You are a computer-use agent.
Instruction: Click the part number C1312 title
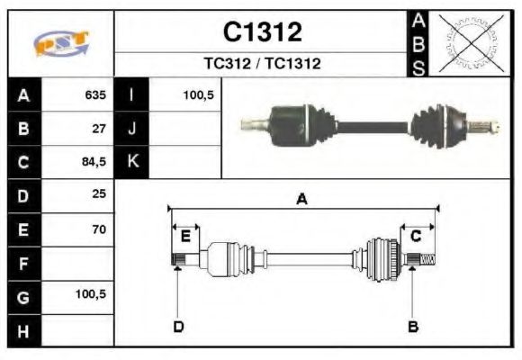(x=262, y=32)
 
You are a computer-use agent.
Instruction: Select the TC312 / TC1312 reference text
(x=262, y=64)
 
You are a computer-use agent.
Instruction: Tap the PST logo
(x=60, y=43)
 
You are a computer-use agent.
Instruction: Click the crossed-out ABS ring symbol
(x=468, y=42)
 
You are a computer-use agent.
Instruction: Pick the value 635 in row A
(x=94, y=94)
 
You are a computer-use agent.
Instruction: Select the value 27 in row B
(x=99, y=129)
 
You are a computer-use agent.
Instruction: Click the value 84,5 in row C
(x=94, y=163)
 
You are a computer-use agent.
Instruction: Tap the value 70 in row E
(x=99, y=229)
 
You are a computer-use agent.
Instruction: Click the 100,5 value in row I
(x=197, y=94)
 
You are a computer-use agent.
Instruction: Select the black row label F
(x=23, y=264)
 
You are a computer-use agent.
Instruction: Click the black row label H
(x=23, y=330)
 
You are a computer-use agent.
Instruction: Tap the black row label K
(x=132, y=163)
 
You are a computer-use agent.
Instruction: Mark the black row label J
(x=132, y=129)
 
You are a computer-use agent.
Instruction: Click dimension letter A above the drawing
(x=302, y=199)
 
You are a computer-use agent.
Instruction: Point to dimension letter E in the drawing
(x=185, y=236)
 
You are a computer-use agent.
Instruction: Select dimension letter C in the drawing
(x=417, y=236)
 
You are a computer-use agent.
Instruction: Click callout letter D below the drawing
(x=177, y=326)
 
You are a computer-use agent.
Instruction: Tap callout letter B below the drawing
(x=413, y=326)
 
